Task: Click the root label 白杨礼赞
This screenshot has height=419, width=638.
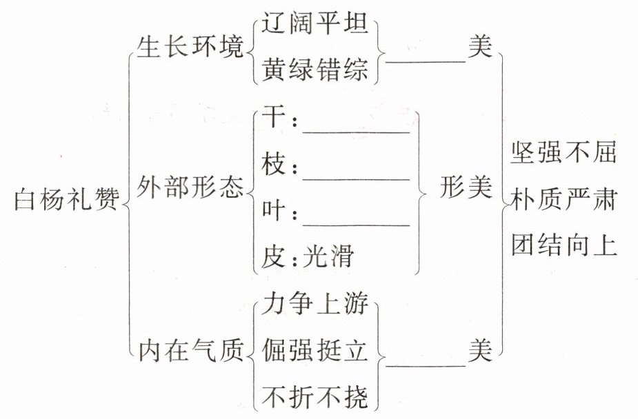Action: pyautogui.click(x=66, y=201)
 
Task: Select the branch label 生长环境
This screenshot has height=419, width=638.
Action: pyautogui.click(x=191, y=49)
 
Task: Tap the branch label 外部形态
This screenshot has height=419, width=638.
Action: pyautogui.click(x=191, y=187)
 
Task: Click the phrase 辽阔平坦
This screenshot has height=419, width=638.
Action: pyautogui.click(x=315, y=28)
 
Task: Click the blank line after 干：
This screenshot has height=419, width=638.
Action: pyautogui.click(x=357, y=130)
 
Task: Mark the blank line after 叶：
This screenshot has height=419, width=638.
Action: pyautogui.click(x=357, y=223)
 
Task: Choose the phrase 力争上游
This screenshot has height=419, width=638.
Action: pyautogui.click(x=315, y=304)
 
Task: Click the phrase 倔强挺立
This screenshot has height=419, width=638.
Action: pyautogui.click(x=315, y=351)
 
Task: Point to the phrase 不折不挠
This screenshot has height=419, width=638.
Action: pyautogui.click(x=315, y=397)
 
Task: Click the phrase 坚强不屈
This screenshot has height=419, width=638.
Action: pyautogui.click(x=564, y=153)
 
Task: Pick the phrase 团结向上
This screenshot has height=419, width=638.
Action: pyautogui.click(x=564, y=245)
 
